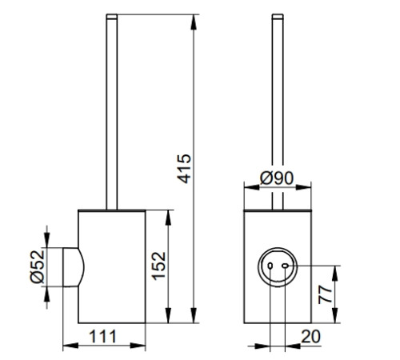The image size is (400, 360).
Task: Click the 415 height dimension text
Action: [x=185, y=169]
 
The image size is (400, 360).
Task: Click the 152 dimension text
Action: [x=158, y=266]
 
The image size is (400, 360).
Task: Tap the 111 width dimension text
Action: [x=102, y=337]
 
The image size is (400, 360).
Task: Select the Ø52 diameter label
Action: [x=37, y=266]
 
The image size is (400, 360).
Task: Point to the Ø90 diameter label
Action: [x=277, y=178]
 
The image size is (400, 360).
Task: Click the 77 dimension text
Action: [x=326, y=294]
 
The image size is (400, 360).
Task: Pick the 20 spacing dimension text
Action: [x=310, y=337]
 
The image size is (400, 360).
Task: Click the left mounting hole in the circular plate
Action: [x=270, y=266]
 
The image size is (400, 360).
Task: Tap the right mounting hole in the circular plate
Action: [x=286, y=266]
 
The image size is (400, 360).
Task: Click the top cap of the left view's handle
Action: [x=112, y=17]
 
